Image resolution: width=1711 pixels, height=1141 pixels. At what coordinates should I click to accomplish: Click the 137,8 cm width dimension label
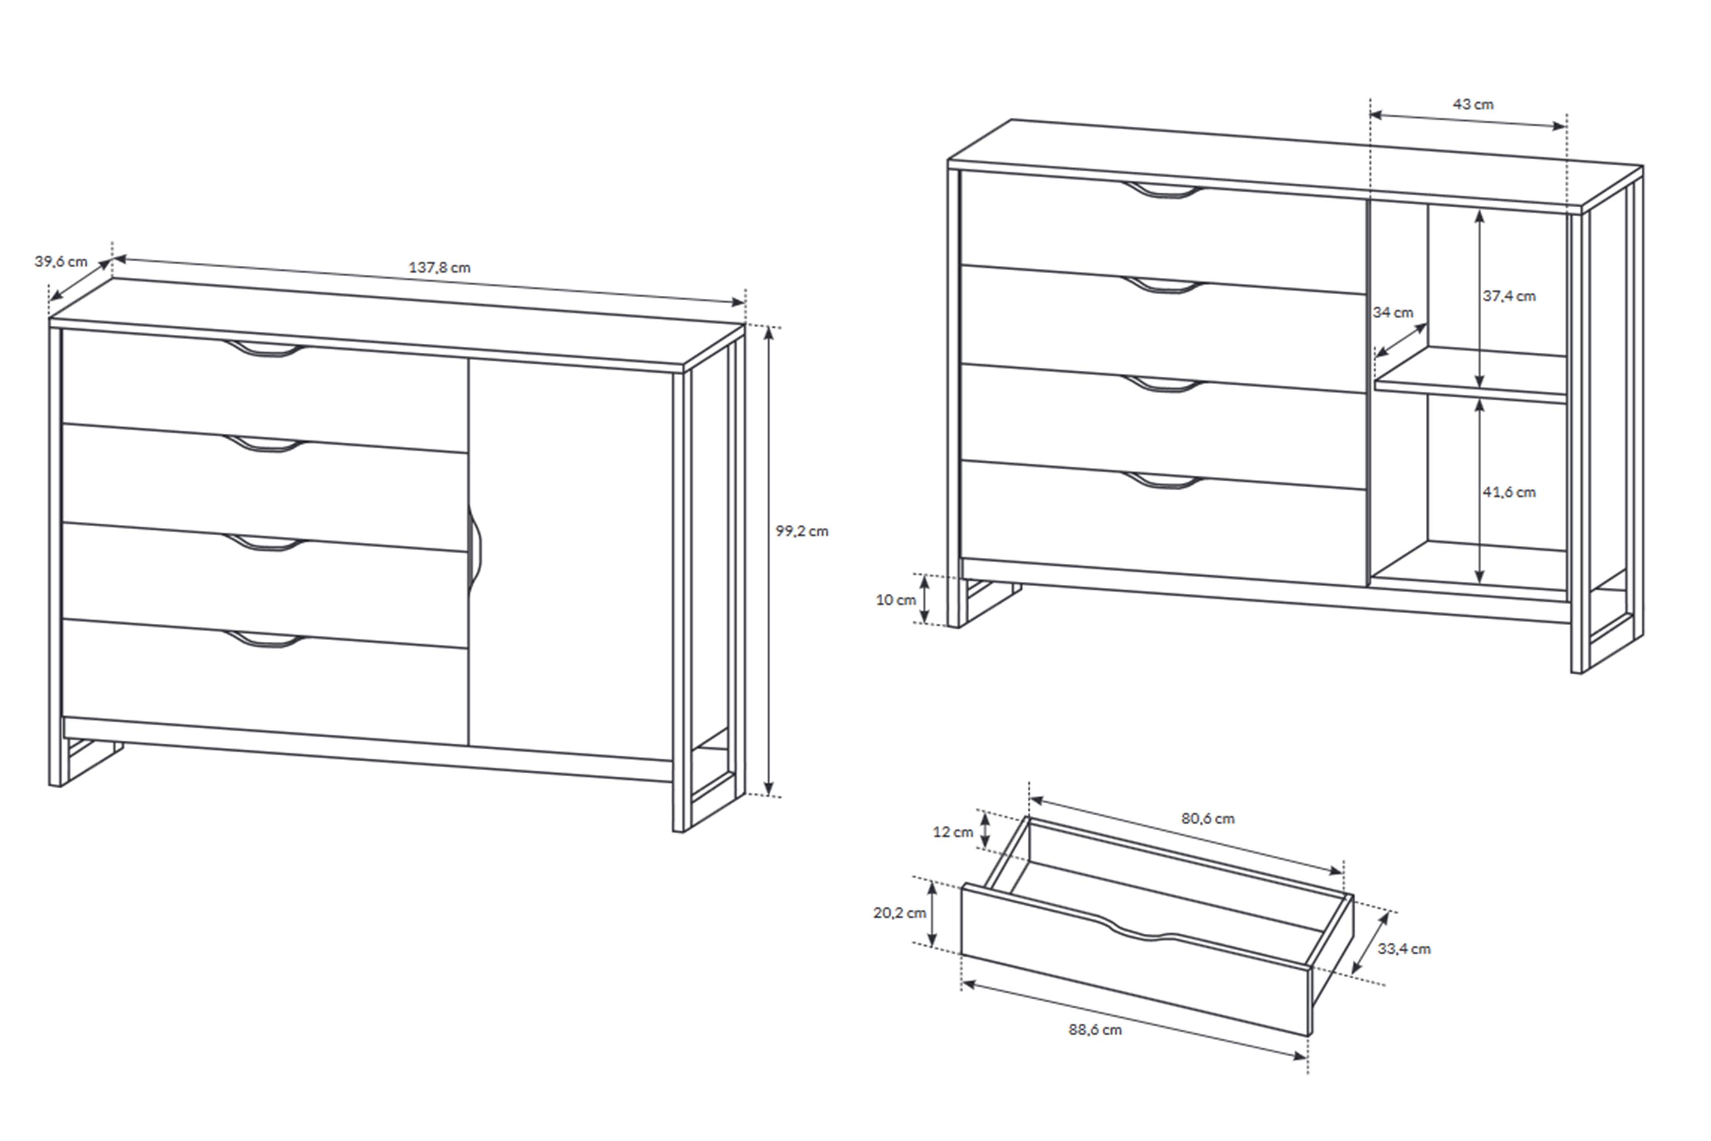(x=439, y=268)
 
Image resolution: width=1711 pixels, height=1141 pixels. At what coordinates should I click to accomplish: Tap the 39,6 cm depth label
(x=61, y=261)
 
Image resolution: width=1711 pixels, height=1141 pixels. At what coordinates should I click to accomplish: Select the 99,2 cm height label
(x=802, y=531)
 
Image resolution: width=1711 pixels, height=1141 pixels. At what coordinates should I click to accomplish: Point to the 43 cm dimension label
(x=1473, y=104)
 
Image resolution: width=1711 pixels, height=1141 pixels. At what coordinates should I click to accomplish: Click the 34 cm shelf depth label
(x=1393, y=312)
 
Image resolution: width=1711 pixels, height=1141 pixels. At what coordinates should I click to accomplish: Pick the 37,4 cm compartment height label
(x=1509, y=296)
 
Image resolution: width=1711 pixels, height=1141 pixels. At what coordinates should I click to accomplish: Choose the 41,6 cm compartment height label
(x=1509, y=493)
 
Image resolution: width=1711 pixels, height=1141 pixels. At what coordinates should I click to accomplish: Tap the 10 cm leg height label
(x=895, y=600)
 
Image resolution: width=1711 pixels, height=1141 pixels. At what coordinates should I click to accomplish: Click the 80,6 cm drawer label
(x=1208, y=819)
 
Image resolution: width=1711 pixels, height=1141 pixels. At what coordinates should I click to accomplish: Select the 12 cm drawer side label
(x=953, y=832)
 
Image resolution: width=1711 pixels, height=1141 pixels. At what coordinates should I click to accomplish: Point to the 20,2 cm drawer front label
(x=900, y=912)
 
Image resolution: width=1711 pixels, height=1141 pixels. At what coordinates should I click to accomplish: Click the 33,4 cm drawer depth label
(x=1404, y=949)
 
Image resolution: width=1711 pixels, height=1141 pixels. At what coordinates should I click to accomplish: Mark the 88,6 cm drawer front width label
(x=1095, y=1030)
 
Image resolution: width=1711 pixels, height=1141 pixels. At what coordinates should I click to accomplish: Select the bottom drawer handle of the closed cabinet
(x=265, y=640)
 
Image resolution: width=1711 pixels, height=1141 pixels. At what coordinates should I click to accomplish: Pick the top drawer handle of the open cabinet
(x=1163, y=191)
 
